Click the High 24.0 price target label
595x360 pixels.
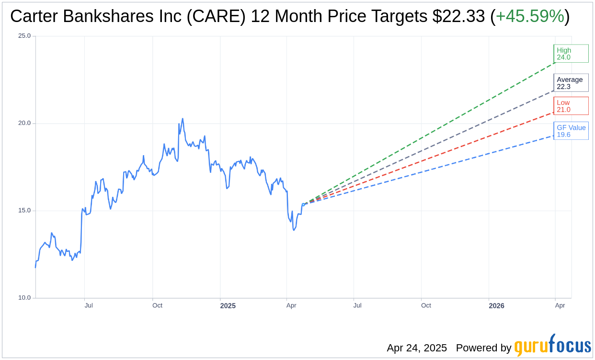(x=571, y=54)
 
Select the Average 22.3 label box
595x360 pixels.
(x=571, y=83)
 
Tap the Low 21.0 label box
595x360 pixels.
(x=571, y=106)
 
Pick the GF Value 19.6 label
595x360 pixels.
(x=571, y=131)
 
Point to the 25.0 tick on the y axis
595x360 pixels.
(x=24, y=36)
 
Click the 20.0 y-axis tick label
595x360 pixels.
(x=24, y=123)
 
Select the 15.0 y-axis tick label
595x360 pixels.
(x=24, y=211)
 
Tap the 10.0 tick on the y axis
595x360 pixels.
(x=24, y=298)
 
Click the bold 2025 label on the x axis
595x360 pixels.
(x=228, y=305)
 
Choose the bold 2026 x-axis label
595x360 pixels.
(x=496, y=305)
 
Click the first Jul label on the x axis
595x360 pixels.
(x=89, y=305)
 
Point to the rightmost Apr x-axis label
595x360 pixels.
(x=560, y=305)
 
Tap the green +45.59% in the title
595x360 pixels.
(x=530, y=17)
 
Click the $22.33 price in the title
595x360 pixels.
(x=458, y=17)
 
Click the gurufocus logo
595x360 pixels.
(x=552, y=346)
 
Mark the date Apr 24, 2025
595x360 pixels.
(x=417, y=348)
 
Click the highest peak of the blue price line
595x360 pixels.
(x=183, y=119)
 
